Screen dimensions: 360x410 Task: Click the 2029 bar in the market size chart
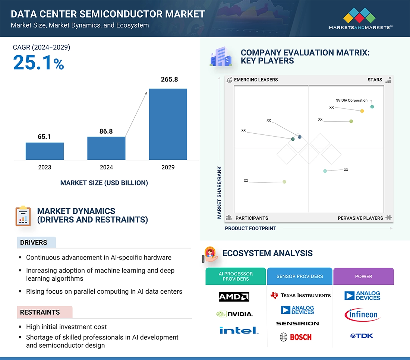point(168,124)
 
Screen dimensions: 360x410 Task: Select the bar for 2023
point(44,151)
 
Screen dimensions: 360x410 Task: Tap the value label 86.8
point(106,131)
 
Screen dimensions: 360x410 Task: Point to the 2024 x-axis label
point(106,167)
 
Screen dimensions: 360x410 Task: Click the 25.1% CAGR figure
point(38,62)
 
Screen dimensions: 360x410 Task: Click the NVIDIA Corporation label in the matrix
point(351,101)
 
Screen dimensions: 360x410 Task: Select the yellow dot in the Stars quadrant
point(362,111)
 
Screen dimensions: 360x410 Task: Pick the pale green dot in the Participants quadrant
point(284,182)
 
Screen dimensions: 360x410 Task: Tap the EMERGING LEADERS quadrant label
point(256,80)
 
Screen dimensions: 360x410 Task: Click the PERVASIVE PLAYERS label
point(360,218)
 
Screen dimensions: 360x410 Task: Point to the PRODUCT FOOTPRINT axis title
point(250,228)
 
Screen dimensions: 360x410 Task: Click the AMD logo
point(234,297)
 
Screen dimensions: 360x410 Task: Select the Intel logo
point(239,330)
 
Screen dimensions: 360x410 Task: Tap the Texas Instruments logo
point(300,295)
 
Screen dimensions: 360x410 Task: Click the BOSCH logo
point(296,337)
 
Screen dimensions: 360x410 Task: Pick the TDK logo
point(362,336)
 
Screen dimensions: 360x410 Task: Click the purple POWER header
point(363,276)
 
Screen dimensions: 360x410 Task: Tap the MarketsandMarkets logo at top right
point(360,19)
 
